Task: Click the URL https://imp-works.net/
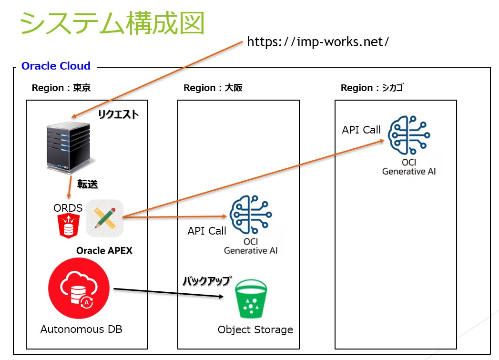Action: coord(318,41)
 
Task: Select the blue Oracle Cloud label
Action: coord(56,66)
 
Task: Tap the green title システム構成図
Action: coord(112,23)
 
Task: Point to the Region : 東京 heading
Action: coord(61,88)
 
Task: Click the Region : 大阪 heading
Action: coord(213,88)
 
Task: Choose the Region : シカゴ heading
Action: coord(372,88)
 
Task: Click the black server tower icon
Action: coord(69,148)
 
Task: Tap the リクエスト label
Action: coord(118,114)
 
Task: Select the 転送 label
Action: coord(87,184)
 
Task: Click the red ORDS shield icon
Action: coord(69,226)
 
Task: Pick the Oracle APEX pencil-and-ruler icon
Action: coord(105,218)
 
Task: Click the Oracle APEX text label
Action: coord(104,250)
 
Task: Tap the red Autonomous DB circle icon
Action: coord(79,288)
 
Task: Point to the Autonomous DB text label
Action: coord(81,329)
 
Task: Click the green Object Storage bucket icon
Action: coord(251,298)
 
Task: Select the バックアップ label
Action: coord(207,281)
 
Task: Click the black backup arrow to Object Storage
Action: coord(169,293)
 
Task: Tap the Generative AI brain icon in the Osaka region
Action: coord(251,215)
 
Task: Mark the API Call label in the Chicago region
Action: coord(361,130)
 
